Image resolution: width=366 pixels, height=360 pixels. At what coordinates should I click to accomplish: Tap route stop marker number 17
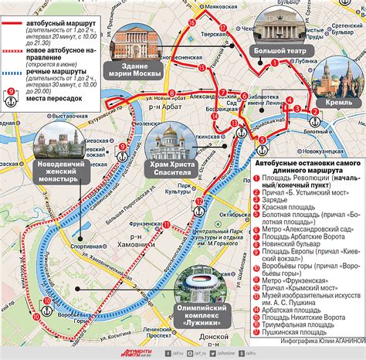click(x=222, y=29)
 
